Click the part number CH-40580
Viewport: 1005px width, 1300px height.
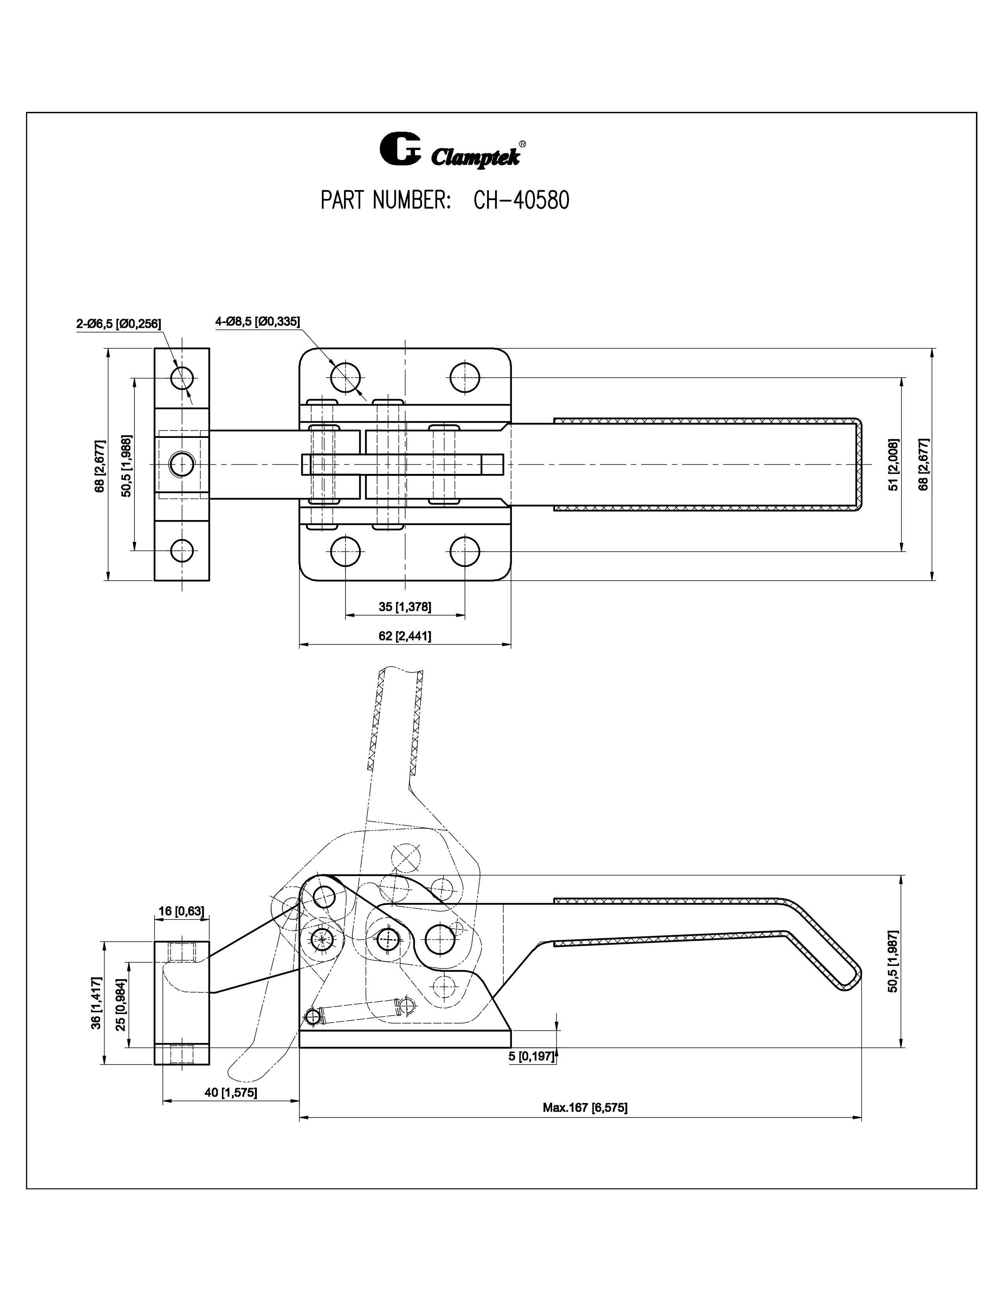(x=521, y=201)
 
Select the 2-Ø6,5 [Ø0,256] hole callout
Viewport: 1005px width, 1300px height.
(x=119, y=324)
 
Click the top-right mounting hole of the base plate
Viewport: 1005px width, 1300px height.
(x=465, y=377)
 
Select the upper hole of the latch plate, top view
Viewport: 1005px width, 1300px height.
(x=182, y=377)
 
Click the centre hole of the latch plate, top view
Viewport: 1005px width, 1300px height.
(x=182, y=464)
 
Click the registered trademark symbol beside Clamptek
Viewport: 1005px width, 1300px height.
(x=522, y=144)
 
